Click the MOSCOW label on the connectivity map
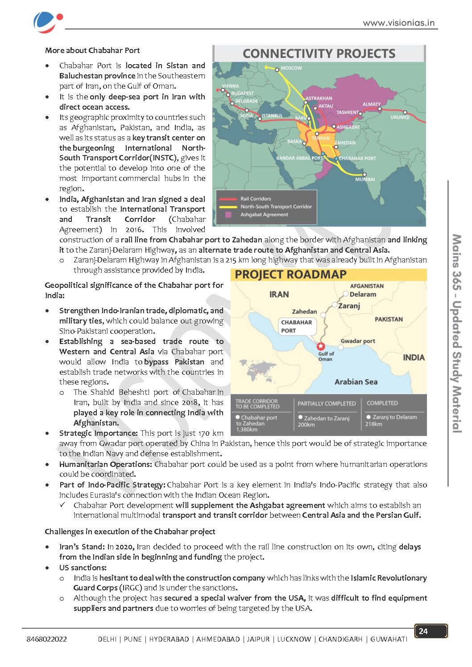coord(291,68)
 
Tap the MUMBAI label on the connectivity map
coord(365,179)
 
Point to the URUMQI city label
coord(400,117)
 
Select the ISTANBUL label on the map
coord(272,116)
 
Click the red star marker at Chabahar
coord(320,346)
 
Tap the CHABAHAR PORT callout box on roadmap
coord(297,326)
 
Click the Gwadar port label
coord(358,341)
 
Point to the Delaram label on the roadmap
coord(363,294)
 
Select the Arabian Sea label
coord(356,382)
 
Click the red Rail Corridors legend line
coord(228,199)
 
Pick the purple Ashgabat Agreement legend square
coord(228,215)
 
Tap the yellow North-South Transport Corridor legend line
coord(228,207)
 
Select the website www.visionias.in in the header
coord(398,23)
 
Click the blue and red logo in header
coord(47,22)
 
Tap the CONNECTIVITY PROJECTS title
coord(319,54)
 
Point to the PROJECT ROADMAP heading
coord(290,274)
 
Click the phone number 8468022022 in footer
coord(47,639)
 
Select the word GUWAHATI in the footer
coord(389,639)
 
